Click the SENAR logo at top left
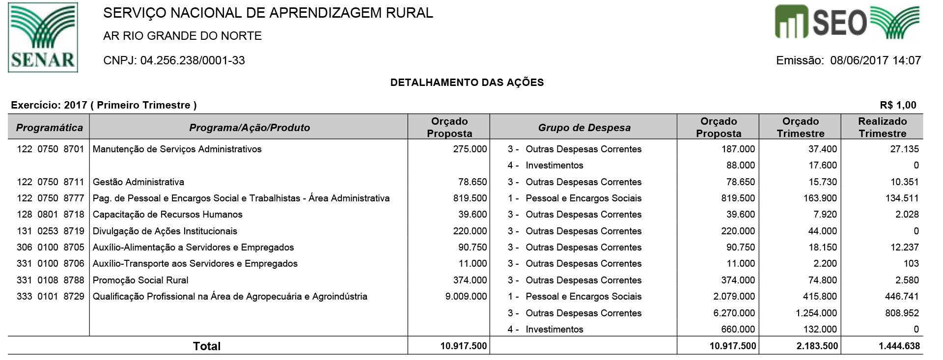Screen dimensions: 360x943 click(43, 37)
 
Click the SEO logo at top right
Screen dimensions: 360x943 click(847, 22)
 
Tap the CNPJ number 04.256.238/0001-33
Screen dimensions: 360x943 click(193, 60)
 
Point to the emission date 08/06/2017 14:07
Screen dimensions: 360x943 click(875, 60)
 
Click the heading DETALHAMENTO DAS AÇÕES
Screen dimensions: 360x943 click(467, 83)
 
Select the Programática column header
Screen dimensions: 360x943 click(49, 128)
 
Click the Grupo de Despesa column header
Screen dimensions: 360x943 click(584, 128)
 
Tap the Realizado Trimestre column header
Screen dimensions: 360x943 click(882, 127)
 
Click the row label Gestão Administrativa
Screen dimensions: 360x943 click(139, 182)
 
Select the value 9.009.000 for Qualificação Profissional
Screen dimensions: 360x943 click(466, 296)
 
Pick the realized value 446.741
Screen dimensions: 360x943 click(901, 296)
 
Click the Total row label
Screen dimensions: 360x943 click(207, 346)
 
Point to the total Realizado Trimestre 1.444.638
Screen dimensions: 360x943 click(899, 346)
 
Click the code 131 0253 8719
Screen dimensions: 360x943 click(50, 231)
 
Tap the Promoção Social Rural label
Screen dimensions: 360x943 click(140, 280)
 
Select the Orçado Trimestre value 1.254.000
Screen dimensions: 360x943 click(816, 313)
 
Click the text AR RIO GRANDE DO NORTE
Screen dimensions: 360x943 click(182, 36)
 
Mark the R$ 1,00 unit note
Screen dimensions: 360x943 click(898, 105)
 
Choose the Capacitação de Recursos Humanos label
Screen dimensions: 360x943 click(167, 214)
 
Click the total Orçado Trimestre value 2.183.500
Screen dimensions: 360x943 click(816, 346)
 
